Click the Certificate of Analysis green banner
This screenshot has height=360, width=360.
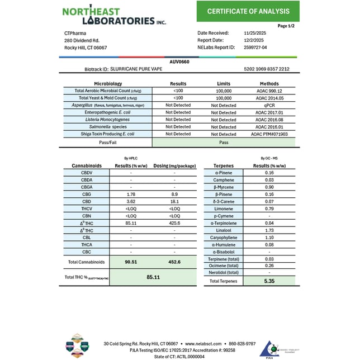pyautogui.click(x=248, y=11)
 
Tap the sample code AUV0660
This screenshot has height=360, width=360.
pyautogui.click(x=179, y=61)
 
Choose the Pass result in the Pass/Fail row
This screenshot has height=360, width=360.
pyautogui.click(x=224, y=142)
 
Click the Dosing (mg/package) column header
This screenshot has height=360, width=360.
pyautogui.click(x=174, y=166)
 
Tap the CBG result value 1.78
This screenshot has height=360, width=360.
pyautogui.click(x=131, y=194)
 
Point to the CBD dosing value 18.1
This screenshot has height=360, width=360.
pyautogui.click(x=174, y=201)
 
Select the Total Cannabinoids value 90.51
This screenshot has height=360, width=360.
pyautogui.click(x=131, y=262)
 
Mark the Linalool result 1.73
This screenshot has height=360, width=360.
pyautogui.click(x=269, y=230)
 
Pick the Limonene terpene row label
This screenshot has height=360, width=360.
pyautogui.click(x=224, y=209)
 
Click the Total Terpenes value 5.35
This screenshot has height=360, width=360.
pyautogui.click(x=269, y=281)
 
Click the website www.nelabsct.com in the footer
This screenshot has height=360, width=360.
pyautogui.click(x=206, y=343)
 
